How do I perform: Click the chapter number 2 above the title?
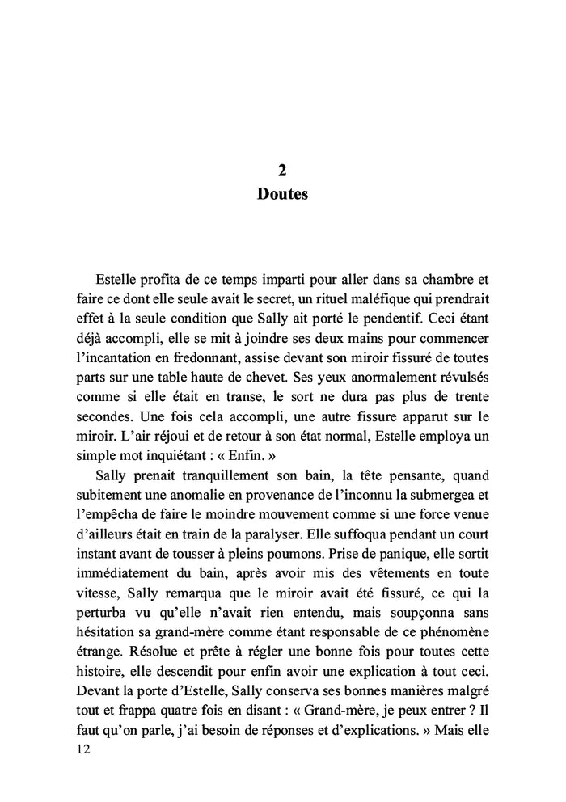(x=282, y=171)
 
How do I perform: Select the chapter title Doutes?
(x=282, y=195)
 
